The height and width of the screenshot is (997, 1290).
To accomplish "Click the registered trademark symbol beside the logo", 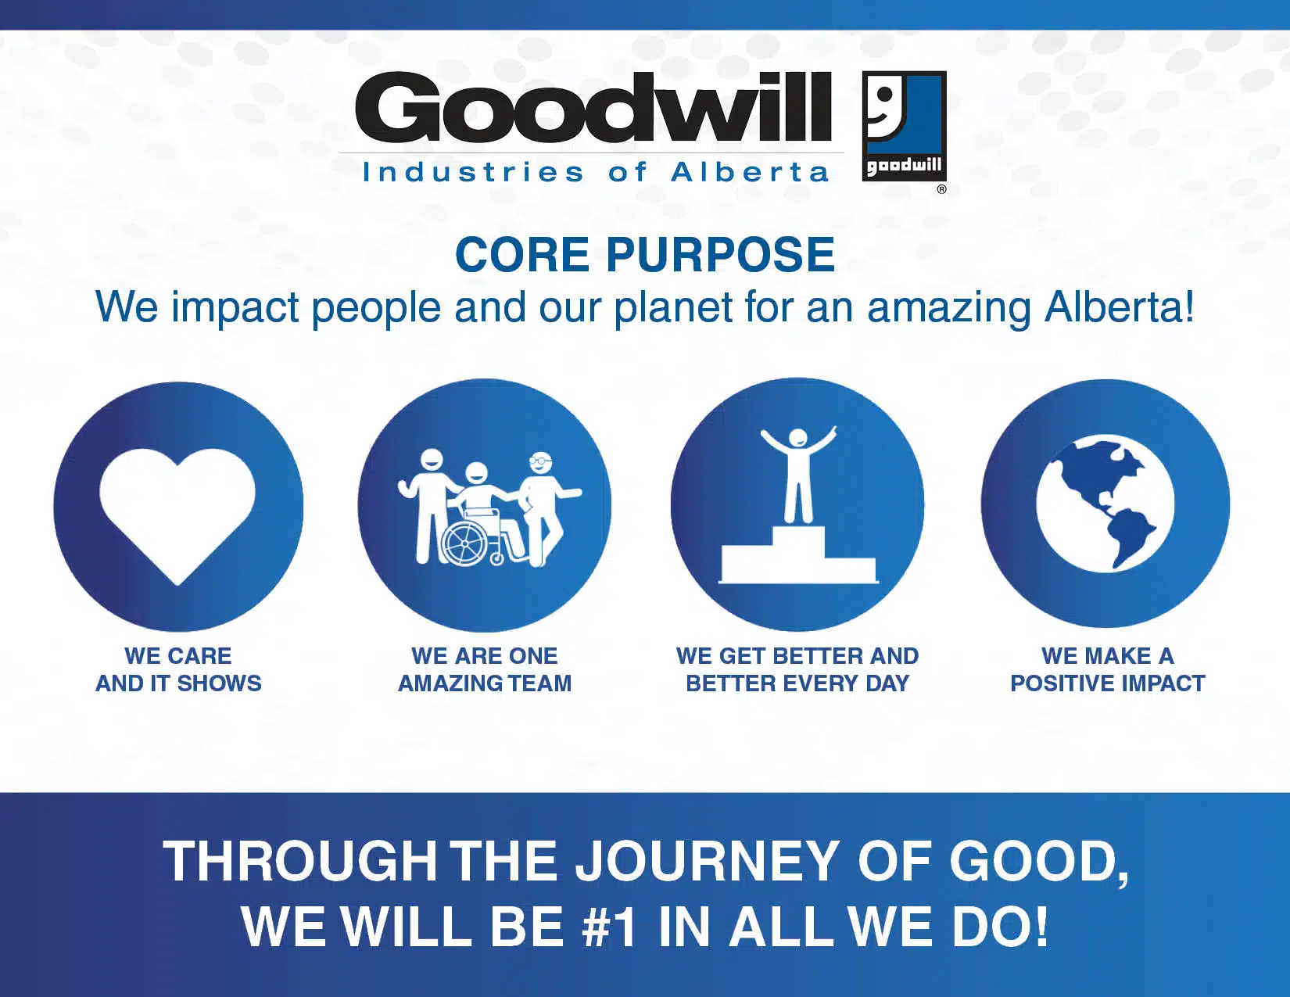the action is [941, 189].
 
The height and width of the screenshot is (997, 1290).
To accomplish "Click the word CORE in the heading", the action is [521, 255].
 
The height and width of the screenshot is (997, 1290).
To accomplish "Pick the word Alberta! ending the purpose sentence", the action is [1119, 307].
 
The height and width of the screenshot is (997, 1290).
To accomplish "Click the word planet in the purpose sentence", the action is [672, 308].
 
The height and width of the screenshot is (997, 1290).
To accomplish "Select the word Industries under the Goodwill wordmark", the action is [472, 172].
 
